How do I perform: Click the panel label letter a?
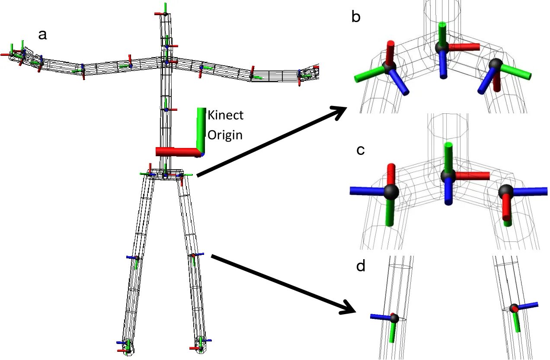coord(42,35)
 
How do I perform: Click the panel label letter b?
coord(357,17)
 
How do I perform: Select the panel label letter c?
coord(360,151)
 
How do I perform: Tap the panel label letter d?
coord(361,266)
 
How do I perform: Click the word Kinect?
coord(226,116)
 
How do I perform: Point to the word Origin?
coord(225,135)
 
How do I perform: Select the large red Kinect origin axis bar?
coord(177,151)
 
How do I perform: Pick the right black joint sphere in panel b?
coord(495,64)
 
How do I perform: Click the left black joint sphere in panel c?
coord(390,191)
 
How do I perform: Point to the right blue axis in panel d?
coord(528,305)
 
